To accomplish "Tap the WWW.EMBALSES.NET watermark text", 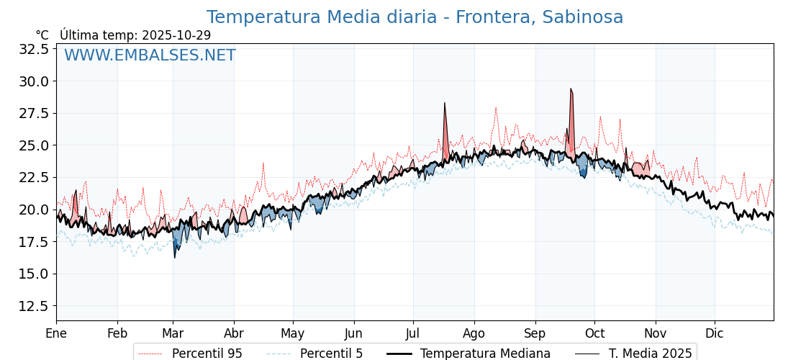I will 150,55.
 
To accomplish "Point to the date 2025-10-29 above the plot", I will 176,35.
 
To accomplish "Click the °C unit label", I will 42,35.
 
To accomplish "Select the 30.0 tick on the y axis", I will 35,81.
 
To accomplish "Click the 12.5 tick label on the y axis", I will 35,306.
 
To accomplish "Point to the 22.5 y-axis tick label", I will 35,177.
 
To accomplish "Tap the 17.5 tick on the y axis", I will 35,242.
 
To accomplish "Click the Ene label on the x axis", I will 56,333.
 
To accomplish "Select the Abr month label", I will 234,333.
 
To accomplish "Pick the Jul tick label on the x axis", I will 413,333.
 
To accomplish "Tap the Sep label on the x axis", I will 535,333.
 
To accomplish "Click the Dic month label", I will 715,333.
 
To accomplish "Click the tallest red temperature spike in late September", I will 571,90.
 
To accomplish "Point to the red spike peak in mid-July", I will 445,104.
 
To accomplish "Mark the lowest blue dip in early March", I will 174,256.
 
